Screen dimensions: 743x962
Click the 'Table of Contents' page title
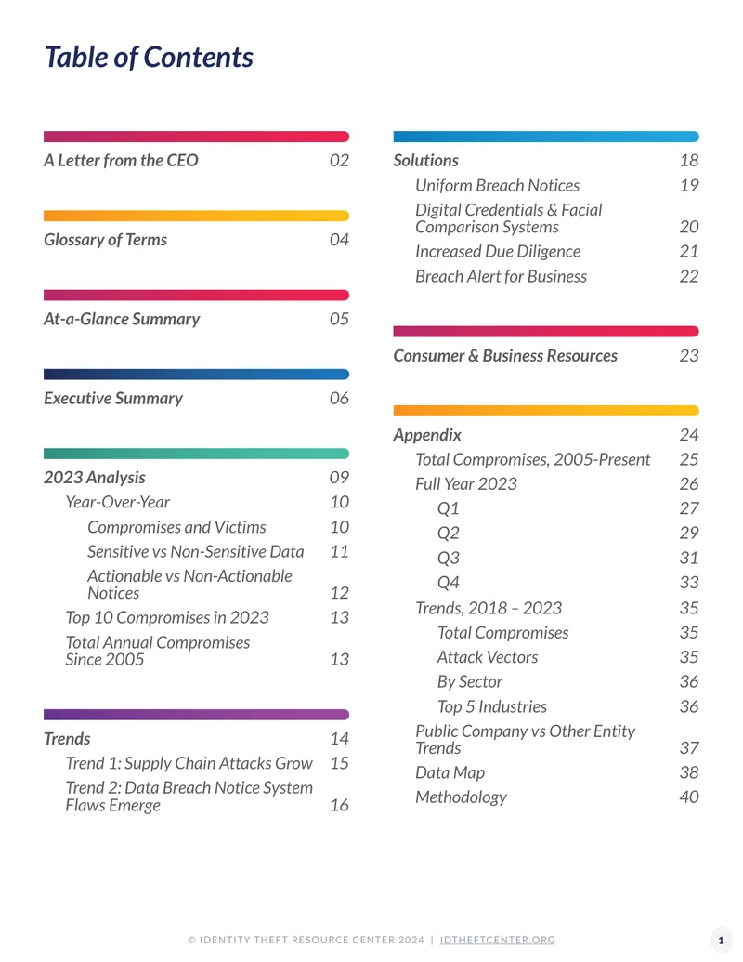click(x=149, y=57)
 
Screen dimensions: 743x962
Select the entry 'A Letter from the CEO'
click(x=121, y=160)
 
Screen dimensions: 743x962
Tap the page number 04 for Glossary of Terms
click(x=339, y=239)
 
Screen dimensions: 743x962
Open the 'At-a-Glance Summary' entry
click(x=122, y=319)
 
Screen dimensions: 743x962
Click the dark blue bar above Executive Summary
click(x=196, y=375)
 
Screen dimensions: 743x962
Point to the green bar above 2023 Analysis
click(x=196, y=454)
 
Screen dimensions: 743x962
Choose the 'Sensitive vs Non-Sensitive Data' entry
click(x=196, y=551)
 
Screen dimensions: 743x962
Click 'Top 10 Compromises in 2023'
click(x=167, y=617)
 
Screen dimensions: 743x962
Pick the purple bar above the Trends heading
click(x=196, y=715)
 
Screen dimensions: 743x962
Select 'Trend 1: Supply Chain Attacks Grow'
click(x=189, y=763)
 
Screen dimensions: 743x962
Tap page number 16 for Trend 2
click(x=340, y=805)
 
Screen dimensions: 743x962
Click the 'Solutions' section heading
click(x=425, y=160)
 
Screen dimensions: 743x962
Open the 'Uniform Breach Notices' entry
click(x=497, y=185)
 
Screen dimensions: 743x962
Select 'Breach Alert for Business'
click(x=501, y=276)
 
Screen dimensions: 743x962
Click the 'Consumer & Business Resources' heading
click(x=505, y=356)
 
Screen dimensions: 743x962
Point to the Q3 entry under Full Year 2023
click(x=449, y=559)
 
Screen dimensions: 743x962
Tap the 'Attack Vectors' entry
click(x=488, y=657)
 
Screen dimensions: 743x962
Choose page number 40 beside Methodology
click(x=689, y=797)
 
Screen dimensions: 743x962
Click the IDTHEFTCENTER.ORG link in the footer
click(x=497, y=940)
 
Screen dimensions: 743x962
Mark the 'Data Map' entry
click(x=450, y=772)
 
